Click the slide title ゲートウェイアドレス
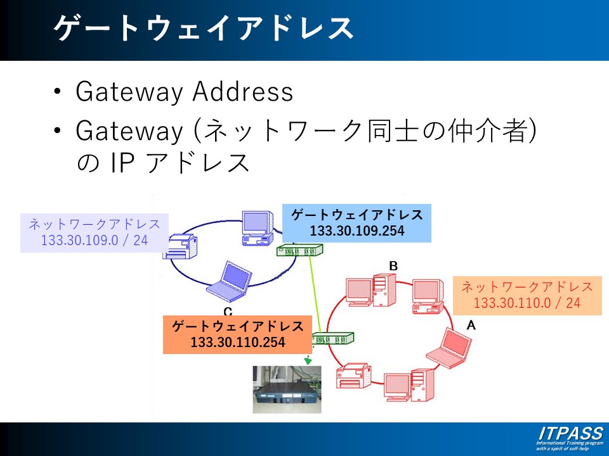203,29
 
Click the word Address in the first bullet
243,92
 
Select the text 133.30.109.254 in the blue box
357,231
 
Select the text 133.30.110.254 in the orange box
237,342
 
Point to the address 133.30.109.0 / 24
95,241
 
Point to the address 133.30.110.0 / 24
527,303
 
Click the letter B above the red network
393,266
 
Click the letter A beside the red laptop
471,325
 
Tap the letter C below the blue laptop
228,311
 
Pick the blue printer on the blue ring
182,247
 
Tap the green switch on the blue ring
296,251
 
